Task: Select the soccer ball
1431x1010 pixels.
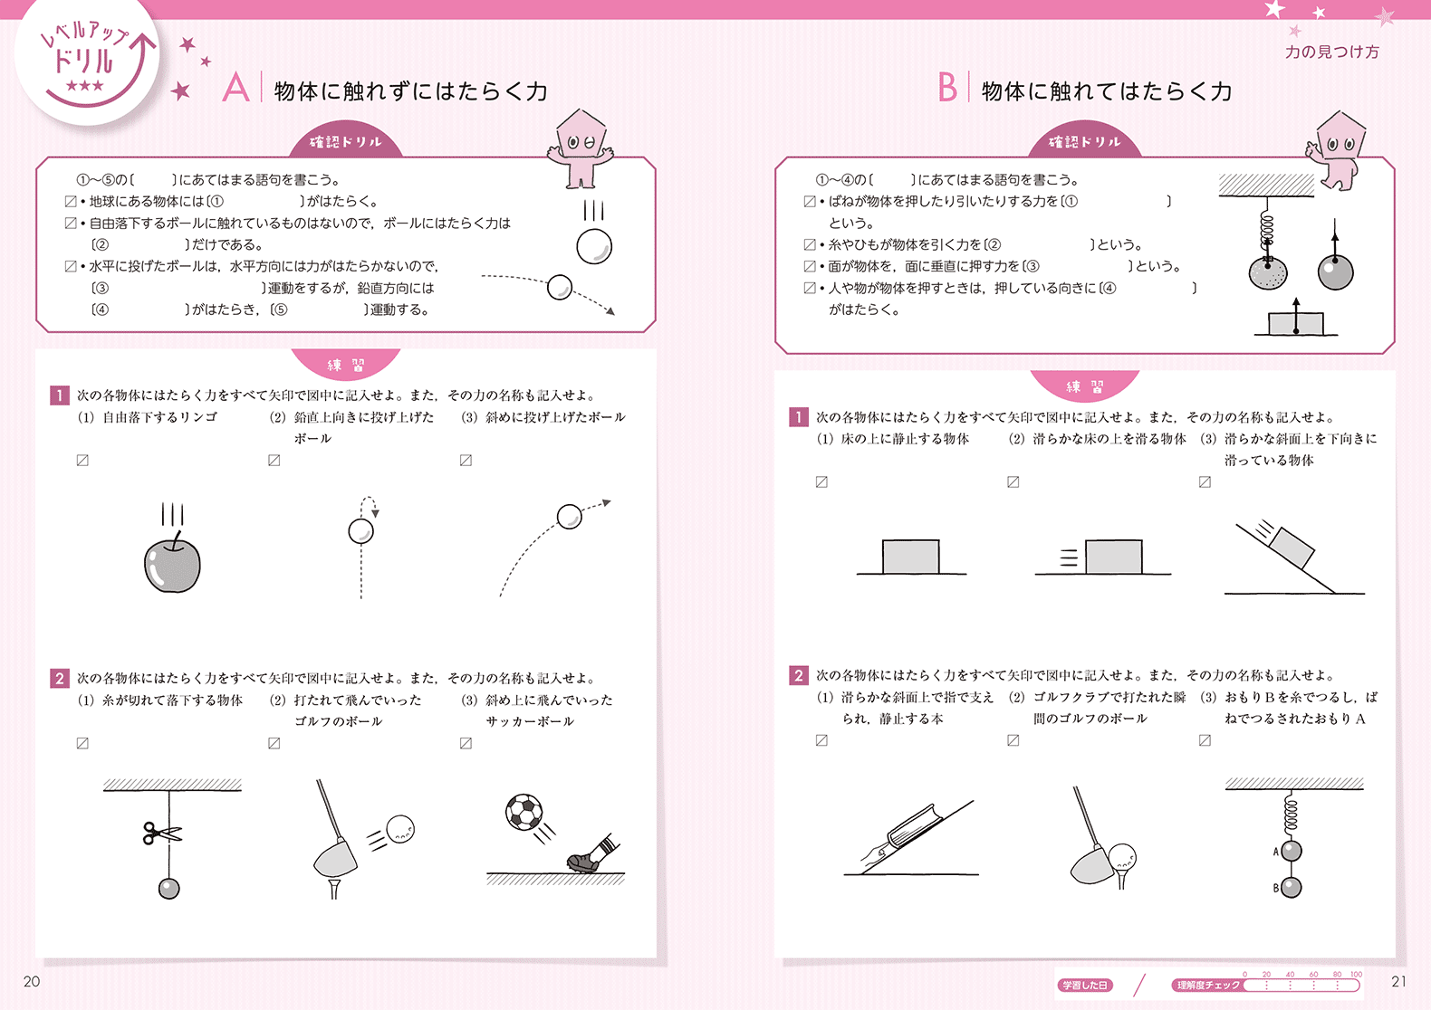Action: coord(523,812)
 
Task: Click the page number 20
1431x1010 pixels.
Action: coord(32,981)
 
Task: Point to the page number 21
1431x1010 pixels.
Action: coord(1398,981)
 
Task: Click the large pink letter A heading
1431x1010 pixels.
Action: coord(235,88)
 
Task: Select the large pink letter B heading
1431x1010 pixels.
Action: coord(947,88)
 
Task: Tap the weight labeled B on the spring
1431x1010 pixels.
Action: coord(1292,888)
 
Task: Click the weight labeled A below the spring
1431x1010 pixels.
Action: coord(1292,851)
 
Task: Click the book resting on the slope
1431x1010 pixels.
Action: coord(914,826)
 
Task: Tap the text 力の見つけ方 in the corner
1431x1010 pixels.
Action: coord(1332,52)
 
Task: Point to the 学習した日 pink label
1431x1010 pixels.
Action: coord(1085,985)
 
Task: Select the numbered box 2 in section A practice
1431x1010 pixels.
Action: coord(60,678)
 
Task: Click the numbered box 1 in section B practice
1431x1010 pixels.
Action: coord(799,417)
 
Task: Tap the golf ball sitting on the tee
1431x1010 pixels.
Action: coord(1121,856)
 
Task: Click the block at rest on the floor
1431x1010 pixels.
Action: coord(910,557)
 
